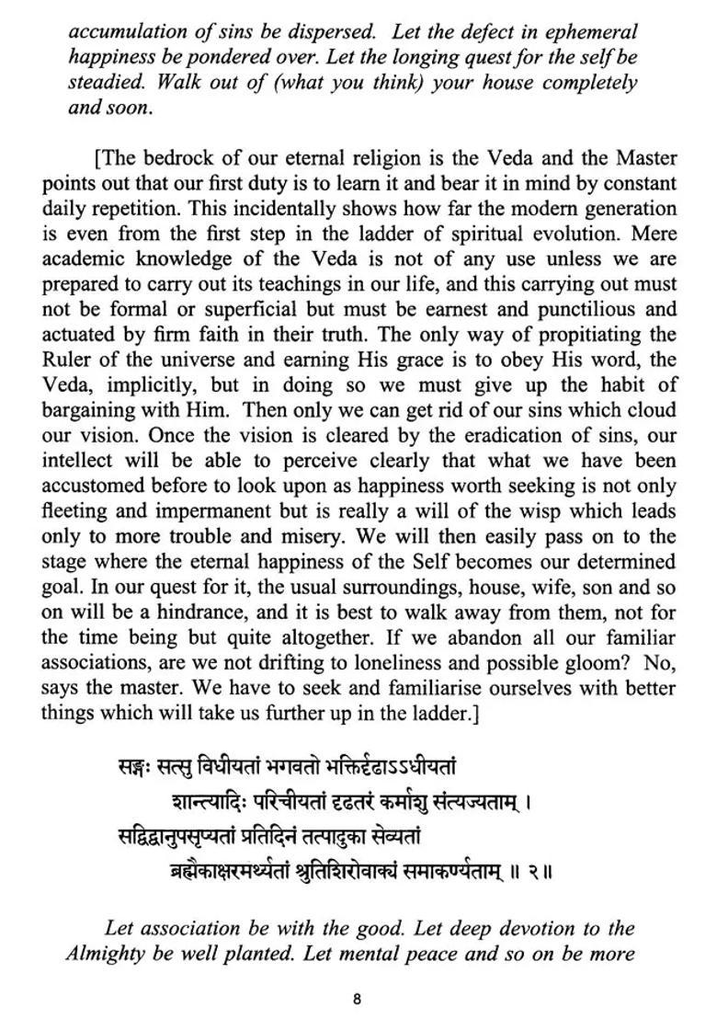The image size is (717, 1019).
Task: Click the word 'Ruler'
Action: coord(66,360)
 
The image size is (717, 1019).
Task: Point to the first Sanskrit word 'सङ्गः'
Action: coord(135,765)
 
